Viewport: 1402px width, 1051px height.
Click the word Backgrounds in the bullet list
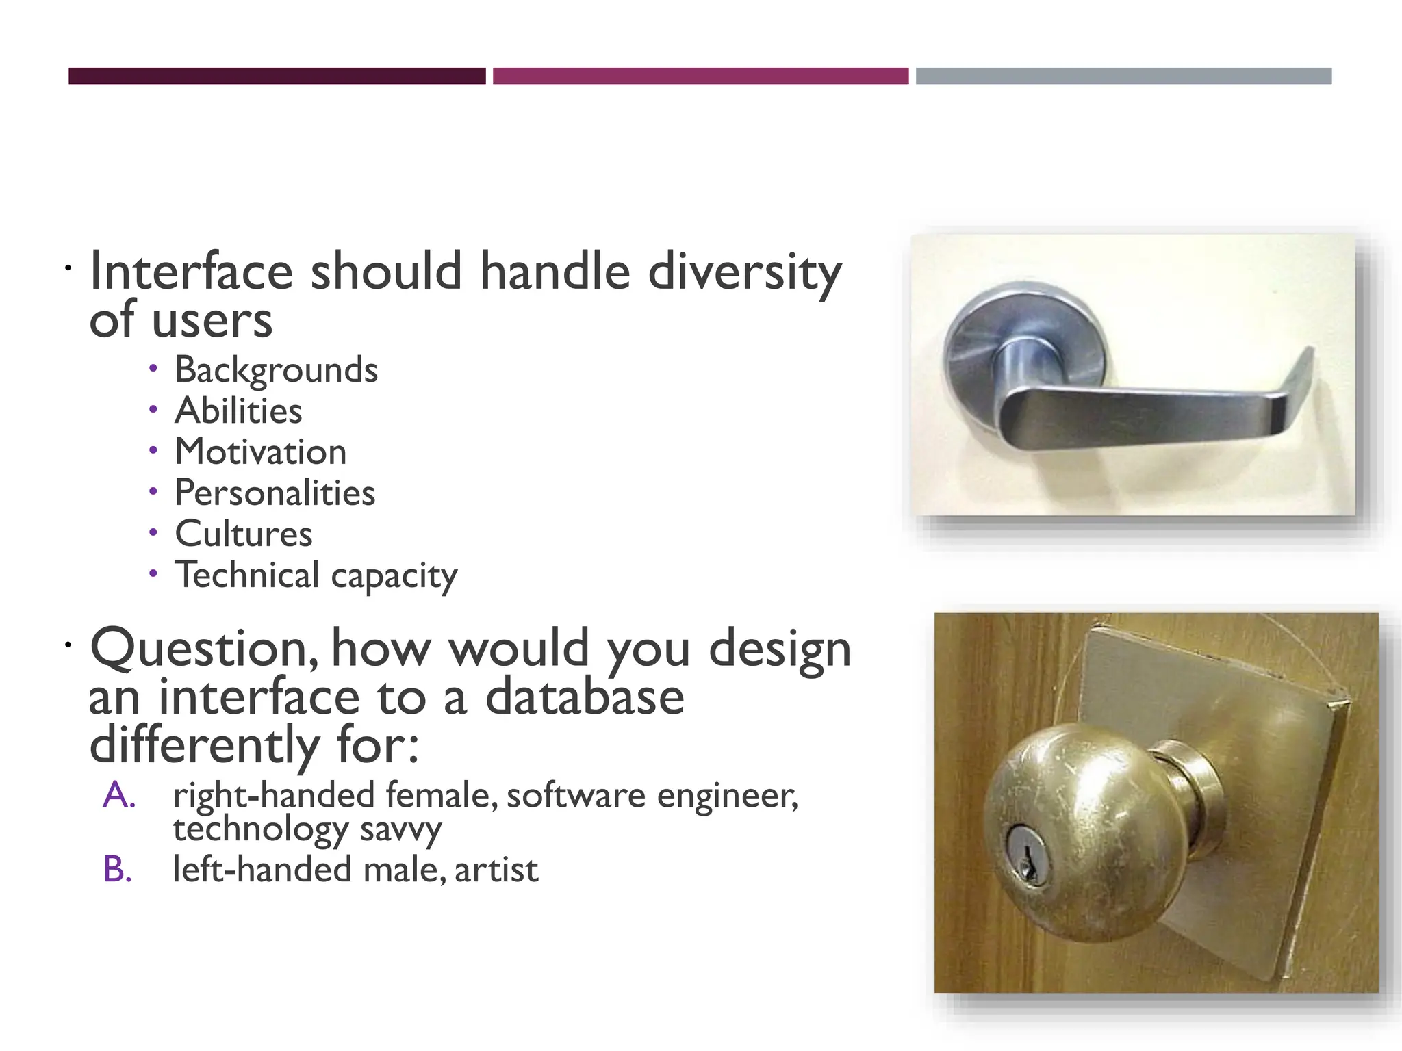[x=276, y=370]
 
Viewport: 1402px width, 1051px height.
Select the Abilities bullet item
[x=238, y=411]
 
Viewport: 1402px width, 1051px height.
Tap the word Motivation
[x=260, y=452]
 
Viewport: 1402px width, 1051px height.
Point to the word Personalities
[x=275, y=493]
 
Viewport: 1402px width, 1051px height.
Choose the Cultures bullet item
[x=243, y=534]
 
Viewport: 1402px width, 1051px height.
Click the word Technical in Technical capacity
[x=247, y=575]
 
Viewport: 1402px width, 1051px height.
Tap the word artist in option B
[x=496, y=870]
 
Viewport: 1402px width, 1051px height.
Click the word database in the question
[x=585, y=697]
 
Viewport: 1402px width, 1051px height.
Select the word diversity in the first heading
[x=745, y=272]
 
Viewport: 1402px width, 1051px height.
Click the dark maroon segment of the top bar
[x=277, y=76]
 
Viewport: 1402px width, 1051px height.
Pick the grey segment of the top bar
[x=1123, y=76]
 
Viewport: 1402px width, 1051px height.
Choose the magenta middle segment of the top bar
[x=700, y=76]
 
